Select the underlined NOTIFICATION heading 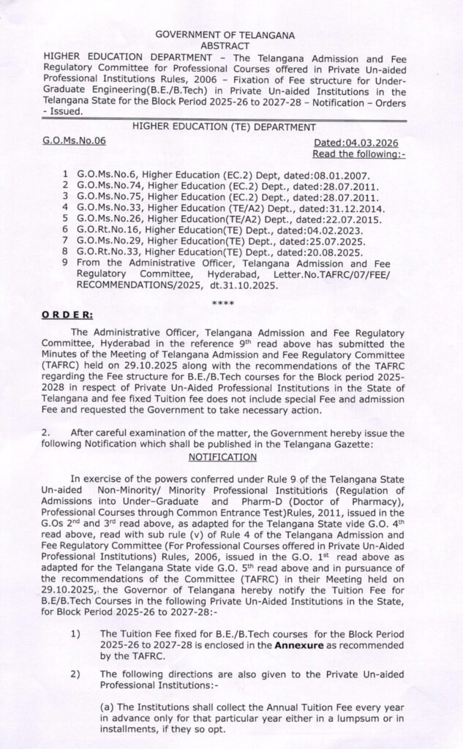222,456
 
